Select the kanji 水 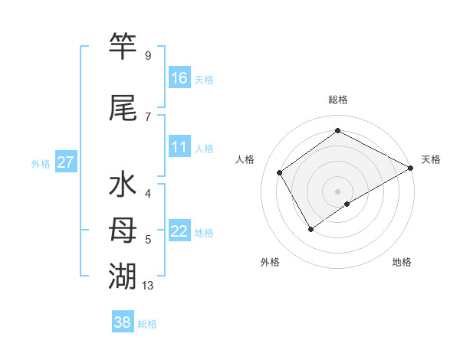coord(123,186)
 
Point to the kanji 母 coord(123,231)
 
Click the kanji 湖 coord(123,275)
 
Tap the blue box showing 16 coord(179,77)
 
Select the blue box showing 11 coord(179,147)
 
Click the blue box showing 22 coord(179,231)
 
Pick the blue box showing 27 coord(65,162)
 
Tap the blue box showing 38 coord(123,322)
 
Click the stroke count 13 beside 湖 coord(149,286)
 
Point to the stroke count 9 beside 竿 coord(148,56)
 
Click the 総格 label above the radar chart coord(337,100)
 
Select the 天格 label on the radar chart coord(431,159)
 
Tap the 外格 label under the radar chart coord(270,262)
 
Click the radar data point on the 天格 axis coord(411,168)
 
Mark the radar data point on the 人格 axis coord(280,173)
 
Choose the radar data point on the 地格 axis coord(347,204)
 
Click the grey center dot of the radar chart coord(337,190)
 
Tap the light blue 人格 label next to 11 coord(203,149)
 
